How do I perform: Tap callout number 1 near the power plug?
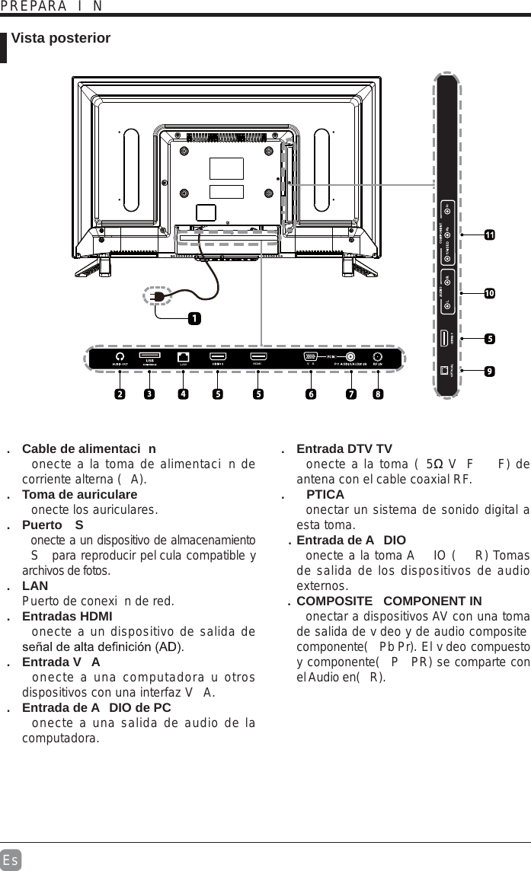(x=196, y=317)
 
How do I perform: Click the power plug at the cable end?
(x=158, y=295)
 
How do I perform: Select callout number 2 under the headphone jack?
(x=120, y=394)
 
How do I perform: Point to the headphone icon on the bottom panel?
(x=120, y=356)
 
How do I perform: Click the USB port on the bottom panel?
(x=149, y=356)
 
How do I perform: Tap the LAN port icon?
(x=183, y=356)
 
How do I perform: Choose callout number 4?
(x=183, y=394)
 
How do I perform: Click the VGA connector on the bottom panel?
(x=310, y=356)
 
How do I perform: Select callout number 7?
(x=350, y=394)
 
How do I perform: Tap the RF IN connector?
(x=377, y=356)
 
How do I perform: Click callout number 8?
(x=378, y=394)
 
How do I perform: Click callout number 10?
(x=489, y=293)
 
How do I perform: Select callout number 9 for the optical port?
(x=489, y=371)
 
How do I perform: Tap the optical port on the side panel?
(x=445, y=371)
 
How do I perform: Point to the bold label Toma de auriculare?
(x=79, y=494)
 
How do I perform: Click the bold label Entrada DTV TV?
(x=344, y=448)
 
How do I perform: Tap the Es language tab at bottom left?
(x=11, y=860)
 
